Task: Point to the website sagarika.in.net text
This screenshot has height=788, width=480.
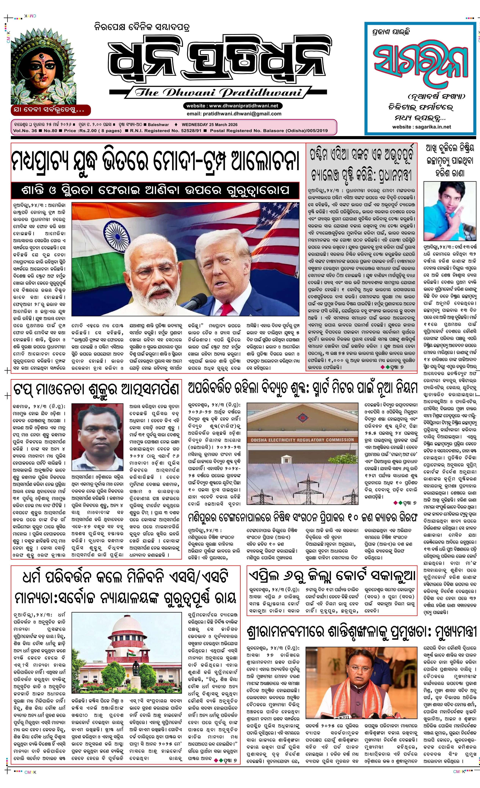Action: click(421, 127)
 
